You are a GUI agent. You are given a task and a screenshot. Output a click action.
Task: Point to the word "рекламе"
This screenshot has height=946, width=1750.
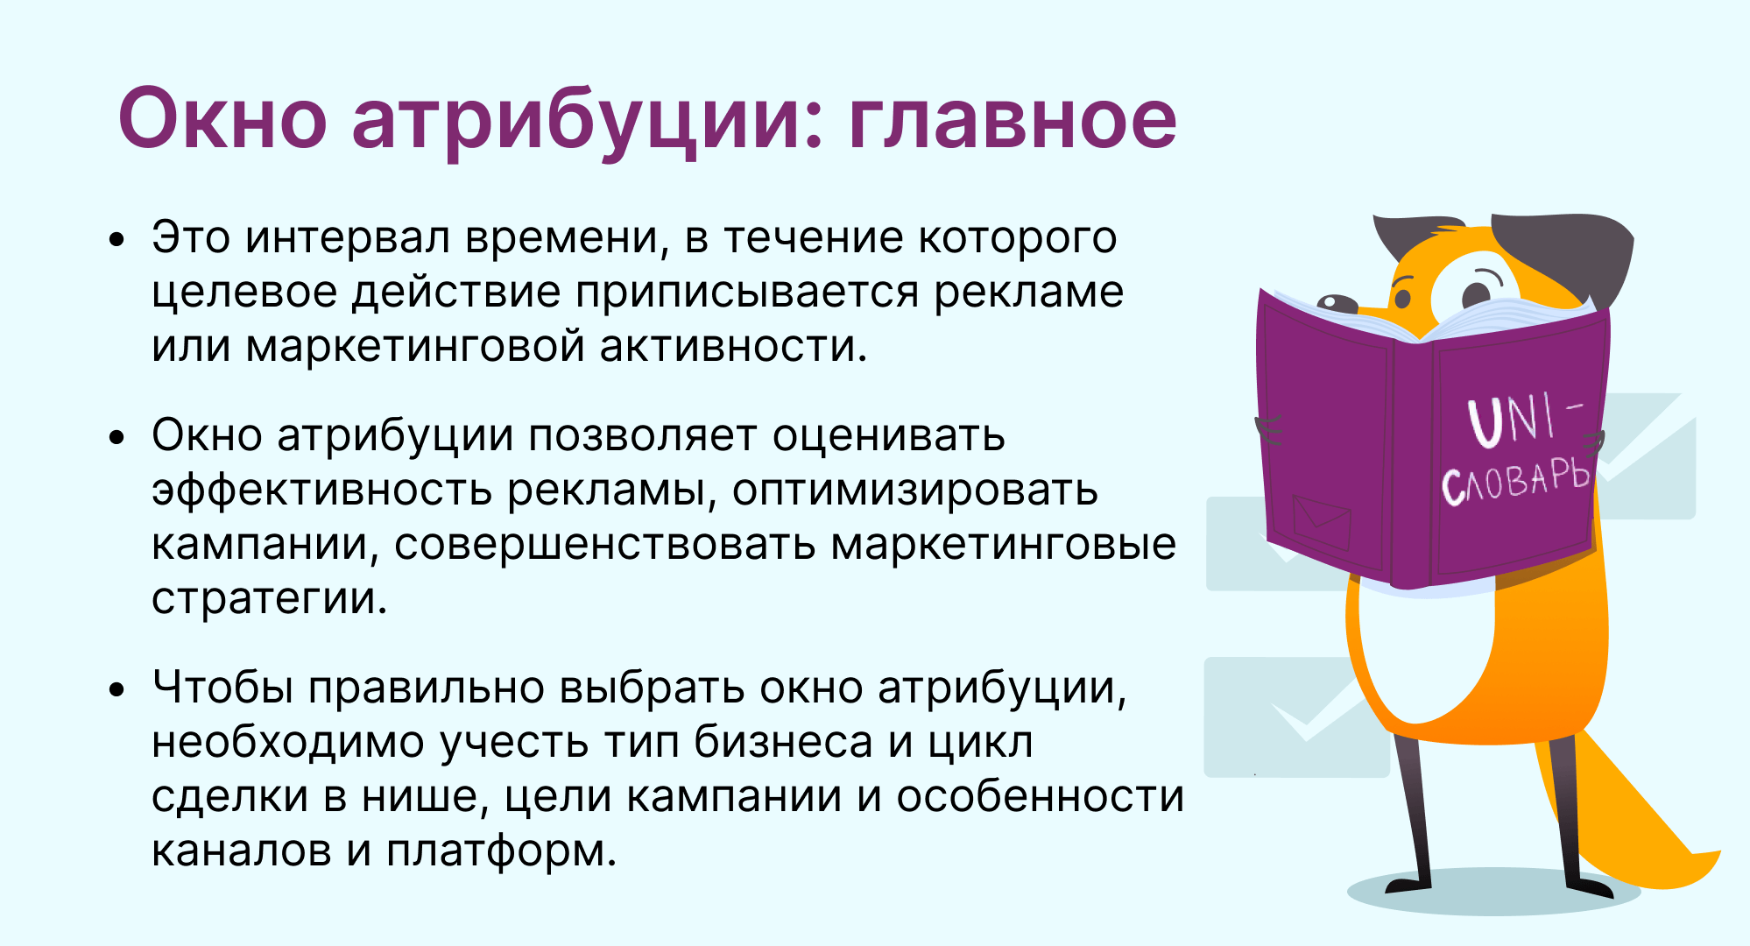tap(1028, 293)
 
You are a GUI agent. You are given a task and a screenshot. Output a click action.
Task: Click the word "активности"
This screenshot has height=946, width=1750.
tap(733, 346)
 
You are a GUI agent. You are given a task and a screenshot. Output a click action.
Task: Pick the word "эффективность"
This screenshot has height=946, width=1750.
tap(321, 489)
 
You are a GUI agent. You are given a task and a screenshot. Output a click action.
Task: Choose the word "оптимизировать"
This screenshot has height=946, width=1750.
tap(914, 491)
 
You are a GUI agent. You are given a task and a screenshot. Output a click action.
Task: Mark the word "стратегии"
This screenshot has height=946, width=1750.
tap(269, 599)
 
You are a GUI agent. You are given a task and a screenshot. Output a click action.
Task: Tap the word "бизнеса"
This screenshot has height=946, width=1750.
tap(784, 742)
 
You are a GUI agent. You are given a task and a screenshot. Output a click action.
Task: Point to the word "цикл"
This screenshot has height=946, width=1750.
tap(980, 743)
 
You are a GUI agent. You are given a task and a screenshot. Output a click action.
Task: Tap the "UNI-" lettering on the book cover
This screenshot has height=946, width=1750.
tap(1525, 419)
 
